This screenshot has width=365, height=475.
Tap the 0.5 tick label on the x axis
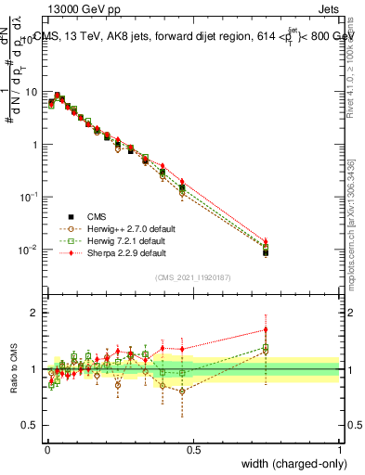click(193, 449)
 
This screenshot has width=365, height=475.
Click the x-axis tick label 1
click(339, 449)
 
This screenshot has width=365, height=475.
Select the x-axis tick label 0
click(47, 449)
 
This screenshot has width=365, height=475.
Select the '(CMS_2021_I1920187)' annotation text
click(192, 277)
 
